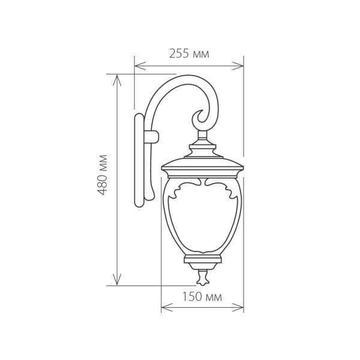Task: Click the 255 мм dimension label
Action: pyautogui.click(x=188, y=54)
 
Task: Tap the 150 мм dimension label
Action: pyautogui.click(x=202, y=297)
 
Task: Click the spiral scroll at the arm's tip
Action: pyautogui.click(x=200, y=117)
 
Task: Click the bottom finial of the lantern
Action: pyautogui.click(x=202, y=277)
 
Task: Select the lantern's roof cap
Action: pyautogui.click(x=202, y=163)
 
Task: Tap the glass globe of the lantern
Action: pyautogui.click(x=202, y=222)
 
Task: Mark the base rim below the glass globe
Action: pyautogui.click(x=202, y=260)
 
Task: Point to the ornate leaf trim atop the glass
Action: pyautogui.click(x=202, y=187)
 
